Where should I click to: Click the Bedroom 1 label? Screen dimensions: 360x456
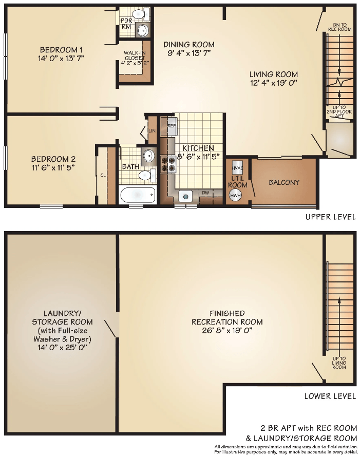(61, 49)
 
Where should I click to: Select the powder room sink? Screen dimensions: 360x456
(142, 30)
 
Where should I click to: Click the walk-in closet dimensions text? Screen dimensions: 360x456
(135, 63)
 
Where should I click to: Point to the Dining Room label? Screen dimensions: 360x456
(189, 45)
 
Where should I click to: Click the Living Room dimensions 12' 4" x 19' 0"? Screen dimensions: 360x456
(273, 83)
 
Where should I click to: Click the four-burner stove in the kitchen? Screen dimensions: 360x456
(168, 165)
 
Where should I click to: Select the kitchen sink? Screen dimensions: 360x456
(185, 197)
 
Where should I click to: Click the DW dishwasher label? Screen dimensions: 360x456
(205, 193)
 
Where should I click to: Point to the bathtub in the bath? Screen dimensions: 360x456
(137, 195)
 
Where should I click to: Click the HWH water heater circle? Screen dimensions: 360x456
(236, 196)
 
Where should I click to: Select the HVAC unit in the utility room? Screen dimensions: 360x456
(237, 168)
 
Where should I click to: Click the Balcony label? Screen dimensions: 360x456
(284, 182)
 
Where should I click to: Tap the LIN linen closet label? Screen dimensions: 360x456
(152, 131)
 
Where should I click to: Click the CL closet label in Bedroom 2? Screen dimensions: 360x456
(103, 175)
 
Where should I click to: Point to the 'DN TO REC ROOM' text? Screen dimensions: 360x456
(339, 27)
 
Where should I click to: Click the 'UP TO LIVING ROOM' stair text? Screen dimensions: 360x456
(339, 363)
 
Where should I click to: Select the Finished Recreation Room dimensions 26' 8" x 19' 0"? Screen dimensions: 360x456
(227, 330)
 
